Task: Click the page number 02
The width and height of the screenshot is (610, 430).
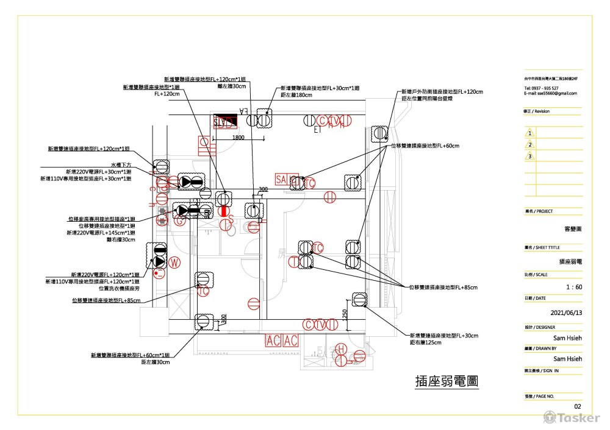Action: (578, 406)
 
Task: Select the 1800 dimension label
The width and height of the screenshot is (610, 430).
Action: (238, 138)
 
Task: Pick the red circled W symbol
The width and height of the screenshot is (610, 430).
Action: (175, 263)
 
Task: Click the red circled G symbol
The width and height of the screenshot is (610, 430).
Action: (179, 222)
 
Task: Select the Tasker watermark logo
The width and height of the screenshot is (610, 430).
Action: (571, 418)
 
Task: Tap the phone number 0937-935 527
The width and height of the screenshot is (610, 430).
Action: (541, 88)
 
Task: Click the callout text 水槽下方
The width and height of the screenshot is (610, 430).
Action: (121, 165)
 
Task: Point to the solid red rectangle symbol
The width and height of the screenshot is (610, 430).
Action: (224, 211)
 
